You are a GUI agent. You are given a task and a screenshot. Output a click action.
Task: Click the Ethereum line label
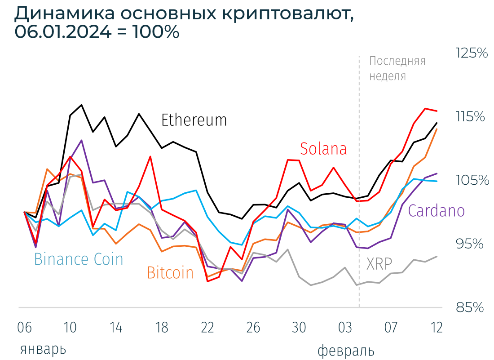194,120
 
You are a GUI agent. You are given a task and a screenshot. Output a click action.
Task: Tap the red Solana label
323,148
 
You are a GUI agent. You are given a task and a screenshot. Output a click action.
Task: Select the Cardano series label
436,210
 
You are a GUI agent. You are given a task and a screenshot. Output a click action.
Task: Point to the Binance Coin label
79,259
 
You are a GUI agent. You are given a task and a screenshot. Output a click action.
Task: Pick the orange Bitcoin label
170,272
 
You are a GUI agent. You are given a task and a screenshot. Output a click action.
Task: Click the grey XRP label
379,264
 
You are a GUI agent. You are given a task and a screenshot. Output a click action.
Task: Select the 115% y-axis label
470,117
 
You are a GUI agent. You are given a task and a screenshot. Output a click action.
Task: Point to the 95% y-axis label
470,244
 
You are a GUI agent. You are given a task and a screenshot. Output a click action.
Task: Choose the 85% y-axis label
470,307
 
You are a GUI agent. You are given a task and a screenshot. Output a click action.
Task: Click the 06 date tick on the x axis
25,327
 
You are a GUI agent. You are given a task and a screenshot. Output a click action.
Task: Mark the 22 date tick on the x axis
207,327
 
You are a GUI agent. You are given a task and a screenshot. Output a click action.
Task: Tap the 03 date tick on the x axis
345,327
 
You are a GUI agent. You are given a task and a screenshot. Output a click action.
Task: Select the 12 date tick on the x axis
436,327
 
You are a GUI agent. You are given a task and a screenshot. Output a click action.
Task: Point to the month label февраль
346,351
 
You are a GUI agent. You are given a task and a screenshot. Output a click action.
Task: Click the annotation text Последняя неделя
397,68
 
